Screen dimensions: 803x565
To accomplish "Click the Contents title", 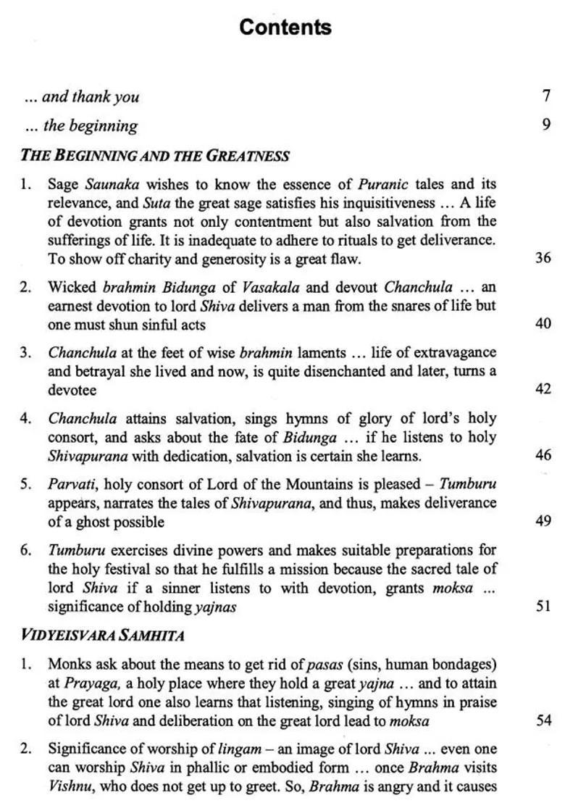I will (285, 28).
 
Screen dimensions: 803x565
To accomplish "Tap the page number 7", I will (545, 96).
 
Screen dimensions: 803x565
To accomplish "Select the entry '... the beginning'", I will (80, 125).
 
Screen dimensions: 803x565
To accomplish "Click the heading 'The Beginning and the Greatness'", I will (155, 155).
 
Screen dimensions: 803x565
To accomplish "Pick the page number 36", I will (543, 257).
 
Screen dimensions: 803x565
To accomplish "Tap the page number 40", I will (543, 323).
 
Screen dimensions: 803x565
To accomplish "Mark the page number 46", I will (543, 455).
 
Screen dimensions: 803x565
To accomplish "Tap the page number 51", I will (543, 606).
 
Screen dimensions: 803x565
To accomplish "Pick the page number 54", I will (543, 721).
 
